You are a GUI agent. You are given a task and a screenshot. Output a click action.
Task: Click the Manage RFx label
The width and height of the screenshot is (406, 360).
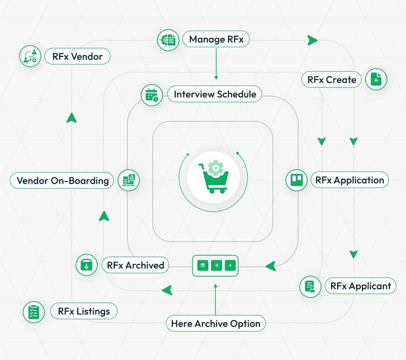tap(216, 39)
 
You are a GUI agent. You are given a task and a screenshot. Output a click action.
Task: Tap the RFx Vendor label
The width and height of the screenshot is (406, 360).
tap(77, 56)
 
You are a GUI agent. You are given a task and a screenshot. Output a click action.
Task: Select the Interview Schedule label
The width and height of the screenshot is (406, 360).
tap(215, 94)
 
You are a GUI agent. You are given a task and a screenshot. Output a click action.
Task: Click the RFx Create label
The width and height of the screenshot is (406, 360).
tap(331, 79)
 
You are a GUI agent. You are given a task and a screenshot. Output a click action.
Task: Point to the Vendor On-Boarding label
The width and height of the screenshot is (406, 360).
tap(62, 180)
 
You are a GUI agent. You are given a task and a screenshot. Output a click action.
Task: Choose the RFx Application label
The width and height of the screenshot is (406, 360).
tap(349, 180)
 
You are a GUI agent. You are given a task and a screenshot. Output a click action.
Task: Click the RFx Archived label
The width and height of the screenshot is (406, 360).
tap(135, 265)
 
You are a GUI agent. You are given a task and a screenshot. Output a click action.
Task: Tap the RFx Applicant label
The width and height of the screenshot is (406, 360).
tap(361, 286)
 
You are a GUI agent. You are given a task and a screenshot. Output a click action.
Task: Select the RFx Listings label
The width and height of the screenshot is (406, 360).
tap(84, 311)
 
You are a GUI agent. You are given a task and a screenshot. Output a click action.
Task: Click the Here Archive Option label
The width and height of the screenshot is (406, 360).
tap(216, 324)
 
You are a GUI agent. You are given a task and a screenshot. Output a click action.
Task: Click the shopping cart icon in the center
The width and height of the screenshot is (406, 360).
tap(214, 177)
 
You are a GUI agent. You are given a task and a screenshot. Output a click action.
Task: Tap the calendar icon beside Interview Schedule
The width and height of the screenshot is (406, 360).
tap(152, 95)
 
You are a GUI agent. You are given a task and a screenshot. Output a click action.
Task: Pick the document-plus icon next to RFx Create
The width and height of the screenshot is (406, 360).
tap(376, 79)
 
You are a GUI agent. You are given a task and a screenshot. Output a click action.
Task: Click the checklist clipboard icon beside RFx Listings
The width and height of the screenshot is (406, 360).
tap(34, 312)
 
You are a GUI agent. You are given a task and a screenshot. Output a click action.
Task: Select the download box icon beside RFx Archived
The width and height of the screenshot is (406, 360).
tap(86, 265)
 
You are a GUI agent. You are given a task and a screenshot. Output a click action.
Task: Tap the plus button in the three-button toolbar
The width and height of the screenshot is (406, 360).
tap(230, 266)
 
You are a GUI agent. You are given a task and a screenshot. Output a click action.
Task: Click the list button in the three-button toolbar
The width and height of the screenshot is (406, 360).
tap(217, 266)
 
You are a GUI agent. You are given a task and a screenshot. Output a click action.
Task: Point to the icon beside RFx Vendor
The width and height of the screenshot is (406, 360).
tap(30, 56)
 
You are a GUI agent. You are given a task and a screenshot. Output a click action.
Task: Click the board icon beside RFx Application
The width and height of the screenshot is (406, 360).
tap(296, 180)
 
